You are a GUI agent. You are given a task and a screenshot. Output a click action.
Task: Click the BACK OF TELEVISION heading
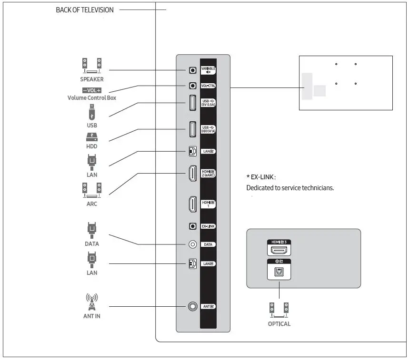(85, 10)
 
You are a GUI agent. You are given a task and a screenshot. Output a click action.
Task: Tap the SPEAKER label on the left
(91, 79)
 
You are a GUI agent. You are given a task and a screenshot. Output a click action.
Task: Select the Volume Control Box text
(91, 98)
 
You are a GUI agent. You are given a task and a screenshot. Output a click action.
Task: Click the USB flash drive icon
(92, 113)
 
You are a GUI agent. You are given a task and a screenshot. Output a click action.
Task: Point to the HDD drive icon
(92, 137)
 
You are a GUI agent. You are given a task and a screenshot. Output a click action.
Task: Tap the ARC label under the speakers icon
(92, 204)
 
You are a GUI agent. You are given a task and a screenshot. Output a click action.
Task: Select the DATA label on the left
(92, 243)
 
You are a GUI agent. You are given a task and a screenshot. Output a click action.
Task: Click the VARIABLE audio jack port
(192, 70)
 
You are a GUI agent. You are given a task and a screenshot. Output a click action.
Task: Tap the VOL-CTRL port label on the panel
(208, 86)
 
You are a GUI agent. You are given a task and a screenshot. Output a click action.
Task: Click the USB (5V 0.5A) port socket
(192, 103)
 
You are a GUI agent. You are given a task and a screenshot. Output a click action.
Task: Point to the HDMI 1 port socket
(192, 204)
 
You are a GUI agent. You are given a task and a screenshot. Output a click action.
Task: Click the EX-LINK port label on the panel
(208, 226)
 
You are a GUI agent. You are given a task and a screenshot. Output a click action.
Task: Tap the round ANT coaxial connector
(192, 306)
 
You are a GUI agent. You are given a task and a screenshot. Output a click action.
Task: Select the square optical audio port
(279, 272)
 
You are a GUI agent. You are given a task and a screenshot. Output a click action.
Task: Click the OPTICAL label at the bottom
(279, 324)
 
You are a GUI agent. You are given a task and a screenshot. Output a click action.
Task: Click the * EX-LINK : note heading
(261, 177)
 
